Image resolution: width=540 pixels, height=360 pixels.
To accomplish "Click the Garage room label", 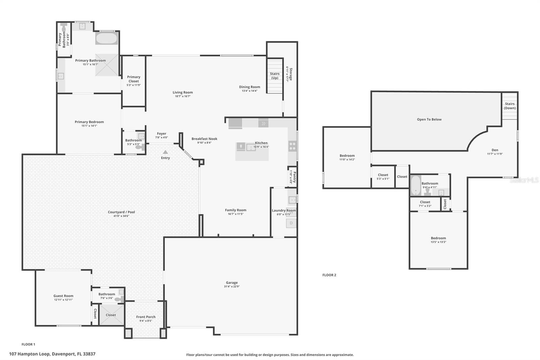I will click(232, 283).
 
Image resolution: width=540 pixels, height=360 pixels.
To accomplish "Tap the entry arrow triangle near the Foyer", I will click(165, 152).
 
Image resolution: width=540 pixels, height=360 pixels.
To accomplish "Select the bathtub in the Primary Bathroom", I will click(106, 38).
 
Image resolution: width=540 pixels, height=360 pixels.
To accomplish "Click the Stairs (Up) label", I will click(275, 76).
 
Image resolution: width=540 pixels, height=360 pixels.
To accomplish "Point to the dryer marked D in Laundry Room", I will click(291, 223).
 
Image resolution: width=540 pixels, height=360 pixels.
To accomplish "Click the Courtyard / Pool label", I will click(121, 212).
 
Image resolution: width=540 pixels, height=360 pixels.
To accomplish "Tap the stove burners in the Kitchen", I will click(292, 146).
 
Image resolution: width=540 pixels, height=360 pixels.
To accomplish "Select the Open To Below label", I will click(429, 119).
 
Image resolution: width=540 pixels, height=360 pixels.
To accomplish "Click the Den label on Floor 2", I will click(494, 150).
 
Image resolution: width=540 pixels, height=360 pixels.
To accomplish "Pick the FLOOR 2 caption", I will click(329, 275).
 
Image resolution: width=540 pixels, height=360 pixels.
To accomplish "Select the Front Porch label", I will click(146, 317).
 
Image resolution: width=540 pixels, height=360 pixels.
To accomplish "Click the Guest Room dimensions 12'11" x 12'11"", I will click(63, 300).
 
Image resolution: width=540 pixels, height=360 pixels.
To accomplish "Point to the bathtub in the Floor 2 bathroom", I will click(415, 185).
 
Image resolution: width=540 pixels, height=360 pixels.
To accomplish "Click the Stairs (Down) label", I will click(510, 106).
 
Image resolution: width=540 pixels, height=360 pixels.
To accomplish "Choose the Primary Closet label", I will click(134, 79).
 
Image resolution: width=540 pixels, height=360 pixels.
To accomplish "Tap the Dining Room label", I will click(249, 87).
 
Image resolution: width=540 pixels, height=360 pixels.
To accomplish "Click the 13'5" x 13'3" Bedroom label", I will click(438, 238).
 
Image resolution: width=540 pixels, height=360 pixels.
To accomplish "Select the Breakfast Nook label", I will click(204, 139).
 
